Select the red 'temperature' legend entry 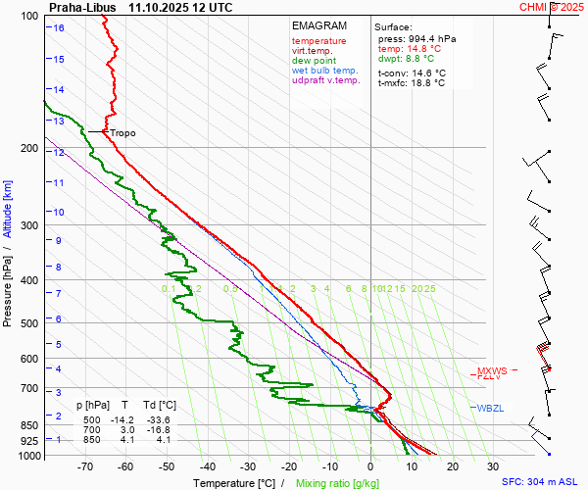tap(318, 41)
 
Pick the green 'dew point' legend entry tap(314, 61)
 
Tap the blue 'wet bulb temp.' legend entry tap(324, 72)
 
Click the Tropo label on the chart tap(122, 133)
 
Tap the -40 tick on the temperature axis tap(207, 467)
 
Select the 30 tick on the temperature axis tap(493, 467)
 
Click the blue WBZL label tap(489, 408)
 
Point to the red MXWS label tap(492, 371)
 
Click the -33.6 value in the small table tap(159, 418)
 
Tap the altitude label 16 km tap(59, 27)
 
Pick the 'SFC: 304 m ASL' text tap(541, 482)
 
